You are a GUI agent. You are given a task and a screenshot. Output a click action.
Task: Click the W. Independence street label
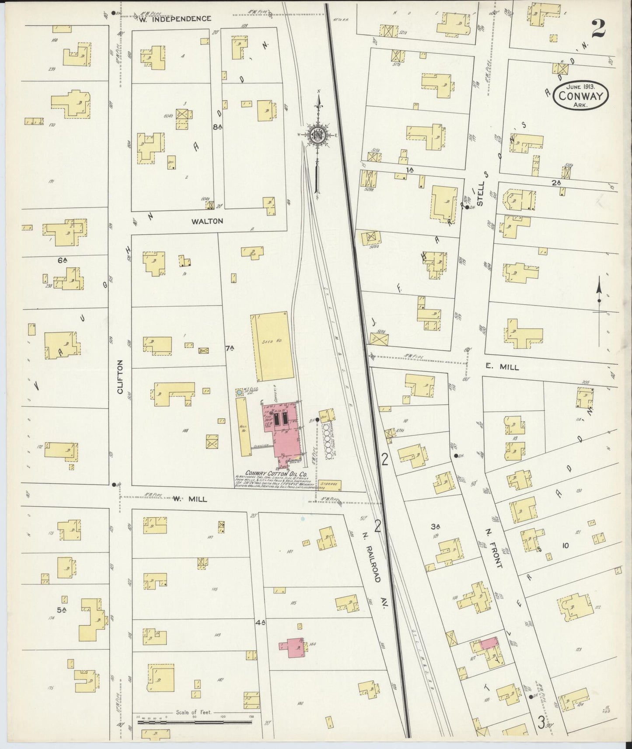point(175,19)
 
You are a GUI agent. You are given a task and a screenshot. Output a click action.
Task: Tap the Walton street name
point(207,221)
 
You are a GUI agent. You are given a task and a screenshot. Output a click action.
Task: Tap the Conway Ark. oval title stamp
point(581,96)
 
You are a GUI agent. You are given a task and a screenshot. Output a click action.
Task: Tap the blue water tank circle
point(239,393)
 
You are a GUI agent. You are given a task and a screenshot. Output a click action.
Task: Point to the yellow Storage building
point(330,485)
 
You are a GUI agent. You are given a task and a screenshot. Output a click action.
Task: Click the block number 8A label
point(217,127)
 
